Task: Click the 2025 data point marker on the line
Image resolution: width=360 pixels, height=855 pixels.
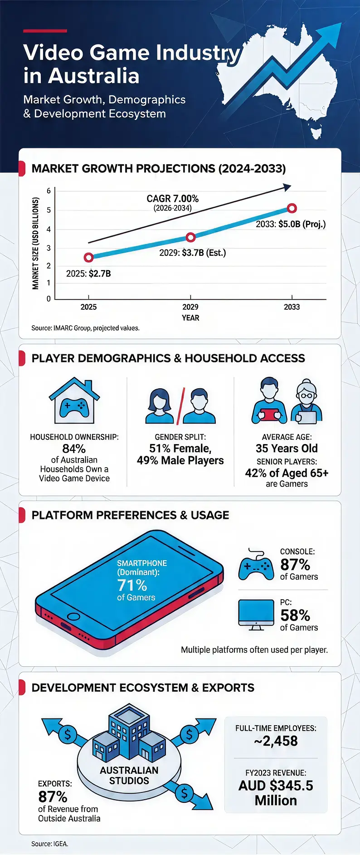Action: [89, 257]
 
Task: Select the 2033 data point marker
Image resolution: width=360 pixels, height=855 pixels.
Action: [292, 208]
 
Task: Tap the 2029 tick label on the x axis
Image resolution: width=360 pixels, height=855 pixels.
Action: [190, 307]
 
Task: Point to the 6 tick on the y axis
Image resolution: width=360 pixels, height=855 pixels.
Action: [49, 191]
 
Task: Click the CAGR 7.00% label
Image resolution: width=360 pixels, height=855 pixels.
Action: [172, 199]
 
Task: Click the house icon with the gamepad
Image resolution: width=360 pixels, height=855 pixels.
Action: [74, 401]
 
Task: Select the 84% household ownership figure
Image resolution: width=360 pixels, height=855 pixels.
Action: [74, 449]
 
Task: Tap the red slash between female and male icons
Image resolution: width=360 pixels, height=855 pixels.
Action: [180, 406]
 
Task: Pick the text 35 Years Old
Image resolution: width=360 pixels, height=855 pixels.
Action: [287, 449]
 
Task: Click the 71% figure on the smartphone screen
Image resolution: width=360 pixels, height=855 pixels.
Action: [132, 585]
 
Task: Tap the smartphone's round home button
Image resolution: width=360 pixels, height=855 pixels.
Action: [73, 617]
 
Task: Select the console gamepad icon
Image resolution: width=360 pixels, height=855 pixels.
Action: [256, 565]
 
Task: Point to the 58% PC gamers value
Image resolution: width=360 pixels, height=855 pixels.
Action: [295, 616]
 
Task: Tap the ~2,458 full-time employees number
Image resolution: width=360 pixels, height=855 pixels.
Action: [276, 741]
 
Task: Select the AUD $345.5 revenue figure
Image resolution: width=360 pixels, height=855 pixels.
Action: [276, 786]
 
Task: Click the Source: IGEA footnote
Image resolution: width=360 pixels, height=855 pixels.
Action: [50, 844]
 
